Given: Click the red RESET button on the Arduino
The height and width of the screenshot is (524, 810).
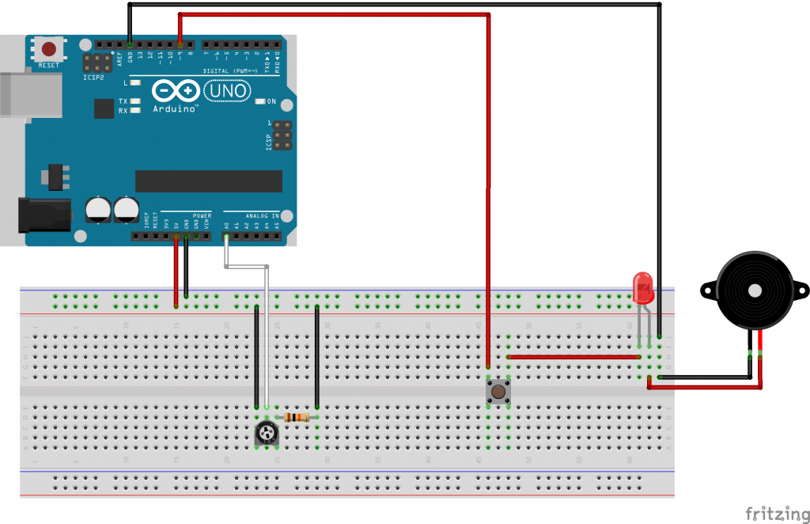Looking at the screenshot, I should (50, 50).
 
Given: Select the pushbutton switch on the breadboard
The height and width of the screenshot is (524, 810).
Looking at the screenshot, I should (498, 390).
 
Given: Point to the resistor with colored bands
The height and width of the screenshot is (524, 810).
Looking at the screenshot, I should (297, 417).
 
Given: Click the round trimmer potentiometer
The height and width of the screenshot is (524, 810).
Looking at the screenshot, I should (266, 432).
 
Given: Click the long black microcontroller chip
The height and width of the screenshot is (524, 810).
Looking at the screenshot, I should (208, 180).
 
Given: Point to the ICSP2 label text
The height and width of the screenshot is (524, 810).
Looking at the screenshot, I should (93, 78).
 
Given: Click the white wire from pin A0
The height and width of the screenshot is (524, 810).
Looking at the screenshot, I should (267, 332).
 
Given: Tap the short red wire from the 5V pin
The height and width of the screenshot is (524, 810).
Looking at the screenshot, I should (176, 269).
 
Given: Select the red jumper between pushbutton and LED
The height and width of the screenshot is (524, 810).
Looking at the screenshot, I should (573, 357).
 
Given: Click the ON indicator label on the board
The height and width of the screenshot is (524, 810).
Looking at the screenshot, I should (271, 101).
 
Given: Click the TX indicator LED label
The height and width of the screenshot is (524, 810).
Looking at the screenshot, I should (123, 101).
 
